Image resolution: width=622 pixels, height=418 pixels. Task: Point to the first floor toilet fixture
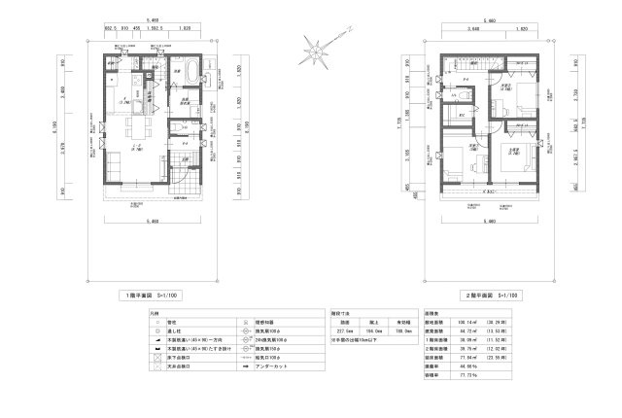click(x=178, y=126)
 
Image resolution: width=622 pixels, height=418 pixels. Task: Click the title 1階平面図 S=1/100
click(x=155, y=293)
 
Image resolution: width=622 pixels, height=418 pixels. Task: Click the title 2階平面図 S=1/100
click(x=494, y=293)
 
